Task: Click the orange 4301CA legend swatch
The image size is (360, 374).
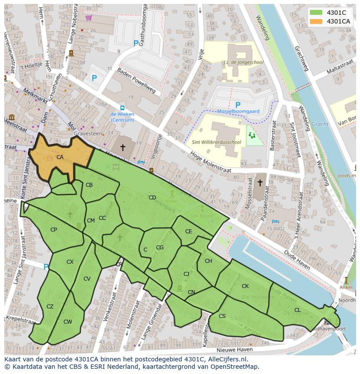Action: coord(316,21)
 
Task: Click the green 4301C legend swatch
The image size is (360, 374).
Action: coord(316,13)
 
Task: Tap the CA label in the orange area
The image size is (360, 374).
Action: coord(60,157)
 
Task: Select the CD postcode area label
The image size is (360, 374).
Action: coord(152,198)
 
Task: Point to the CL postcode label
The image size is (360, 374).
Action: coord(297,310)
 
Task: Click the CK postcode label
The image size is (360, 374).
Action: coord(245,286)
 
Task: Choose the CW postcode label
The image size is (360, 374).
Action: coord(67,322)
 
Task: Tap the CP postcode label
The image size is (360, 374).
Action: coord(53,230)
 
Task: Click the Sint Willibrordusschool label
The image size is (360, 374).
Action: coord(216,142)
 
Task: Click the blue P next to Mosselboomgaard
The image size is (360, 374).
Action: coord(237,105)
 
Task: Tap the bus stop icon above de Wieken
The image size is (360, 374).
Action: coord(122,108)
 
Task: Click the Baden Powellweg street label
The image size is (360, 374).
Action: coord(136,82)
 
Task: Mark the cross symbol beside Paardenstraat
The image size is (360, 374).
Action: coord(260,183)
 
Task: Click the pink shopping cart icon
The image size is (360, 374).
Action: coord(89,18)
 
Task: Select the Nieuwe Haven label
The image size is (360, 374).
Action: coord(234,350)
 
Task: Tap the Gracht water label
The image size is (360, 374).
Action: coord(320,124)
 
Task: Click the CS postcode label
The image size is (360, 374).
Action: coord(222,316)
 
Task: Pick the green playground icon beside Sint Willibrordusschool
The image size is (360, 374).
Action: coord(251,136)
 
